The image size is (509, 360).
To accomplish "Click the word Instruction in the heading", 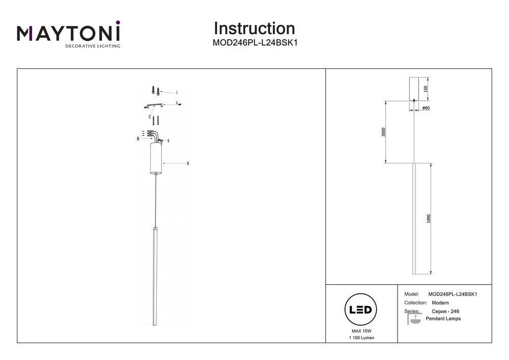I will point(254,28).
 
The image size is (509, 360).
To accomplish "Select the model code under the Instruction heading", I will point(254,43).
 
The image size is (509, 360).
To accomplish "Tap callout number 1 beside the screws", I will point(177,93).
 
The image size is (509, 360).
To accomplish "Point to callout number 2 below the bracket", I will point(150,117).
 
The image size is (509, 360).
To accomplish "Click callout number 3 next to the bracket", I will point(177,103).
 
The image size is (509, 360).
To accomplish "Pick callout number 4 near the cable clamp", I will point(168,141).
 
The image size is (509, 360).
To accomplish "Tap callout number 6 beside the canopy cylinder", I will point(188,163).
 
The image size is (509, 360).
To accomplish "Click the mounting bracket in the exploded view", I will point(154,105).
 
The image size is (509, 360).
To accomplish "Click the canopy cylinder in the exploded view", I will point(156,158).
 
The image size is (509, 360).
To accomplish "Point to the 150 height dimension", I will point(426,89).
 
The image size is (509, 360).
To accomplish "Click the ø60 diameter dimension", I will point(427,108).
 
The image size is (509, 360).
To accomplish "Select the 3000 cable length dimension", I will point(384,132).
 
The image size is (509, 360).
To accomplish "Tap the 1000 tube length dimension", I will point(429,218).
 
